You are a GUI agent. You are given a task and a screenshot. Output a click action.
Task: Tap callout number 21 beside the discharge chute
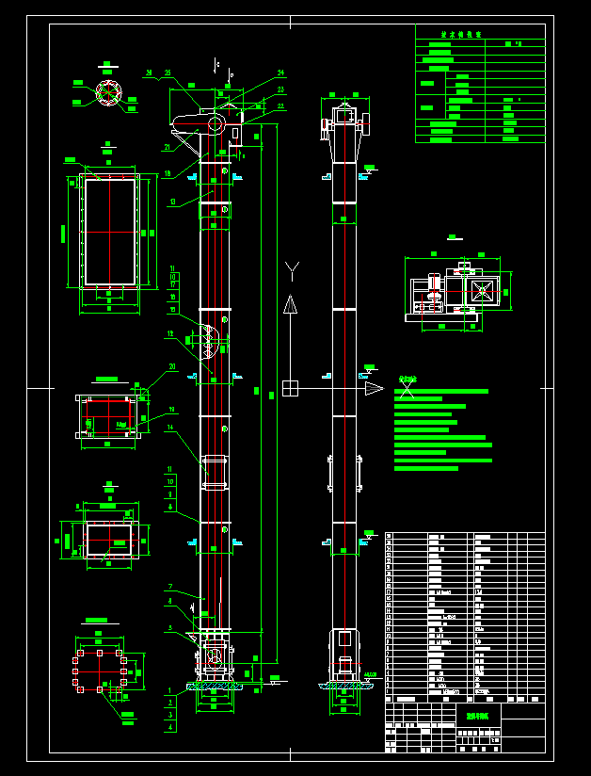[167, 147]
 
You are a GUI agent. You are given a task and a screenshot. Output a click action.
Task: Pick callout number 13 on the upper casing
[172, 202]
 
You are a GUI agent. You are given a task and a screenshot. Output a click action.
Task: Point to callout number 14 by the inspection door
[170, 428]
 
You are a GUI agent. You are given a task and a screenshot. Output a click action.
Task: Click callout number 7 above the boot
[170, 587]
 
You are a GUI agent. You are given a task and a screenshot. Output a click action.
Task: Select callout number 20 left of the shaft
[172, 366]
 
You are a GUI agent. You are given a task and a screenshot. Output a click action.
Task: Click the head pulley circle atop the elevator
[216, 123]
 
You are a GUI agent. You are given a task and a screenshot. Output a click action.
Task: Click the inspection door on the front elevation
[215, 472]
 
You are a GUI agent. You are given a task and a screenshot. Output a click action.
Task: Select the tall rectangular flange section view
[111, 232]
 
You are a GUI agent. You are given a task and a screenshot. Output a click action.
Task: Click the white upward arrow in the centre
[290, 305]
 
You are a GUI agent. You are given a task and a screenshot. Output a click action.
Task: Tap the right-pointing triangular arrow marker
[374, 388]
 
